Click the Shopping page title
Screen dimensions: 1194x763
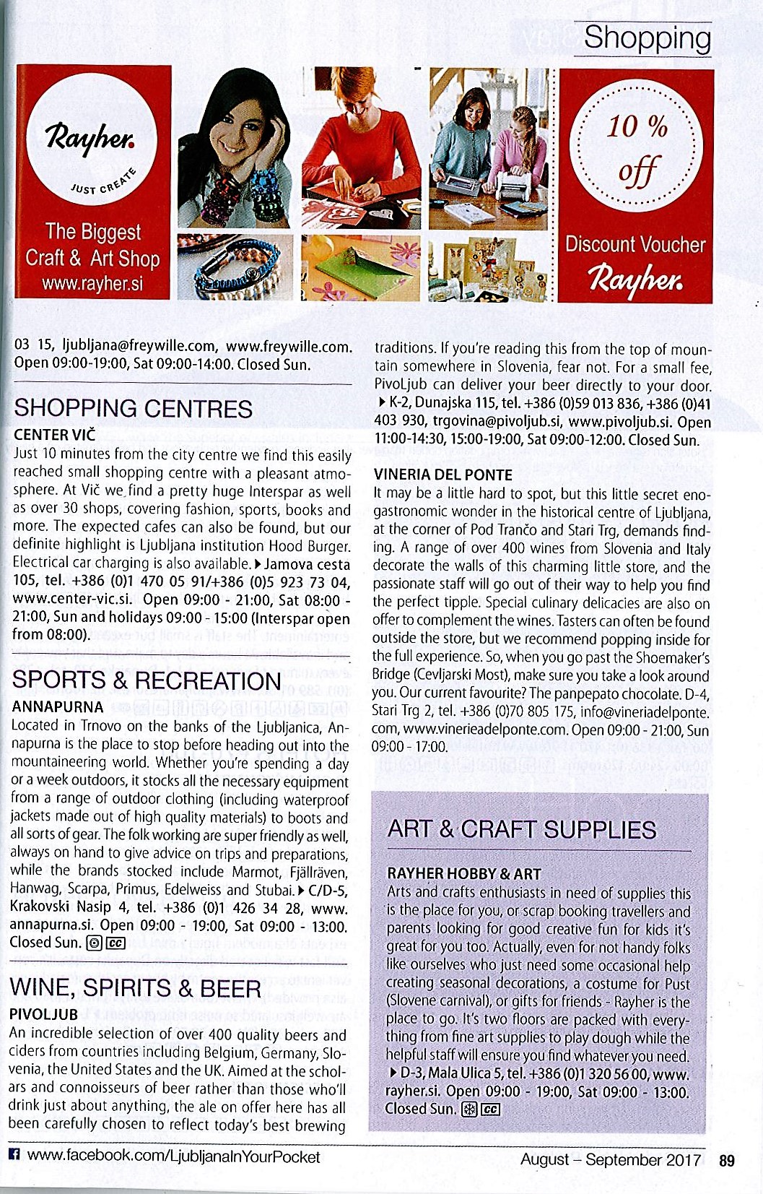pyautogui.click(x=647, y=38)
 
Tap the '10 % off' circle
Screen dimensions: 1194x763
pyautogui.click(x=636, y=149)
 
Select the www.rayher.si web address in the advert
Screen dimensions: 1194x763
pyautogui.click(x=92, y=283)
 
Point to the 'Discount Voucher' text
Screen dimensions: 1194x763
pyautogui.click(x=635, y=244)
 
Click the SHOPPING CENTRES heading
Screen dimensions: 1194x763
pyautogui.click(x=134, y=408)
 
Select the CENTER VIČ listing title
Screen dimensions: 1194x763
pyautogui.click(x=55, y=435)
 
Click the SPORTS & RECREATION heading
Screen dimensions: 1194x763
pyautogui.click(x=147, y=680)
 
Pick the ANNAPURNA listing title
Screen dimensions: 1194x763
pyautogui.click(x=58, y=706)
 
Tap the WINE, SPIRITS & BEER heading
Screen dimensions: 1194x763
pyautogui.click(x=136, y=987)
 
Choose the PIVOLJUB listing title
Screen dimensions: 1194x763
pyautogui.click(x=43, y=1014)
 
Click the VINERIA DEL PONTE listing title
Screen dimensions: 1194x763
pyautogui.click(x=443, y=475)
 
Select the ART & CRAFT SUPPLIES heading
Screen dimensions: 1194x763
pyautogui.click(x=521, y=829)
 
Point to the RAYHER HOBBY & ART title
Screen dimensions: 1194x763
pyautogui.click(x=464, y=873)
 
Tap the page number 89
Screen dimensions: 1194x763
pyautogui.click(x=726, y=1160)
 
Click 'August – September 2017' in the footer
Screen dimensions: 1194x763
pyautogui.click(x=611, y=1159)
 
